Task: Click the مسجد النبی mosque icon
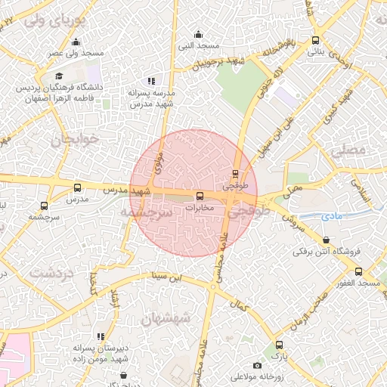pyautogui.click(x=198, y=34)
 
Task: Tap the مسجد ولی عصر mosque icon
pyautogui.click(x=76, y=42)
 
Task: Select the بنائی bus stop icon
pyautogui.click(x=315, y=41)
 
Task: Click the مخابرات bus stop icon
pyautogui.click(x=200, y=197)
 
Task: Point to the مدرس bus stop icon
pyautogui.click(x=77, y=187)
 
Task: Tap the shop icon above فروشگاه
pyautogui.click(x=326, y=240)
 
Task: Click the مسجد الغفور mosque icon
pyautogui.click(x=358, y=272)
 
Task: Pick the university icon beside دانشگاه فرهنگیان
pyautogui.click(x=59, y=76)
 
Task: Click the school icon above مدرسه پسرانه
pyautogui.click(x=151, y=80)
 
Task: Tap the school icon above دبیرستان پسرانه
pyautogui.click(x=100, y=335)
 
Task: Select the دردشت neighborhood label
pyautogui.click(x=52, y=272)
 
